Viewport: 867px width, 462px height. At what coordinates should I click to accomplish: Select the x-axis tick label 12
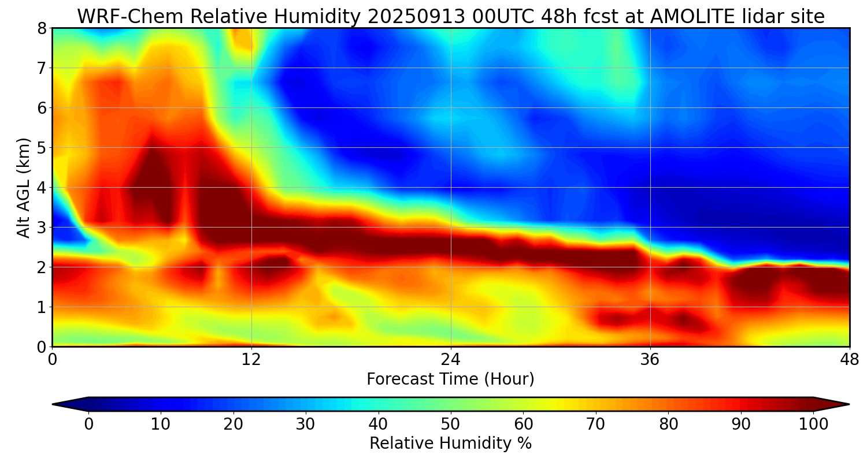tap(251, 359)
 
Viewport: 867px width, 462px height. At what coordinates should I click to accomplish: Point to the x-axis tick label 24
tap(451, 359)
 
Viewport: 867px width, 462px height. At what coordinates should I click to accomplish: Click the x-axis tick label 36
tap(650, 359)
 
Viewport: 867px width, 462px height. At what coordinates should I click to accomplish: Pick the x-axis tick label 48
tap(849, 359)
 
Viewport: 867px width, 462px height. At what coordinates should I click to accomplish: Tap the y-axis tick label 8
tap(42, 28)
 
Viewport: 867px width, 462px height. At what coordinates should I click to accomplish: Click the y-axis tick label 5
tap(42, 148)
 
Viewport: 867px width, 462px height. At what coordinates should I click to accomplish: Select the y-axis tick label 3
tap(42, 228)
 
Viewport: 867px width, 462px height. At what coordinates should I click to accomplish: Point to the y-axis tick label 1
tap(42, 307)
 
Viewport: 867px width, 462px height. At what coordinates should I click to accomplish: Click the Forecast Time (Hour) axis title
tap(450, 379)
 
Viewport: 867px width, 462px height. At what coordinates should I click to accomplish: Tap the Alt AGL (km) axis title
tap(24, 187)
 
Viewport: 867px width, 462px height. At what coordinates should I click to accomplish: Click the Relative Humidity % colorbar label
tap(450, 444)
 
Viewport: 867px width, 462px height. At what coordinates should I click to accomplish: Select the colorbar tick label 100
tap(813, 424)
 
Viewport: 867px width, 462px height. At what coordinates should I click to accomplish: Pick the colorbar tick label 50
tap(450, 424)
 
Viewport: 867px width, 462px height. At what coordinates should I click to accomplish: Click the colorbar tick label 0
tap(88, 424)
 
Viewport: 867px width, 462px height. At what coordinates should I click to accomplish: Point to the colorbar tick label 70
tap(595, 424)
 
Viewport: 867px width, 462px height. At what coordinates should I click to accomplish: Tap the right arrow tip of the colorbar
tap(848, 404)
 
